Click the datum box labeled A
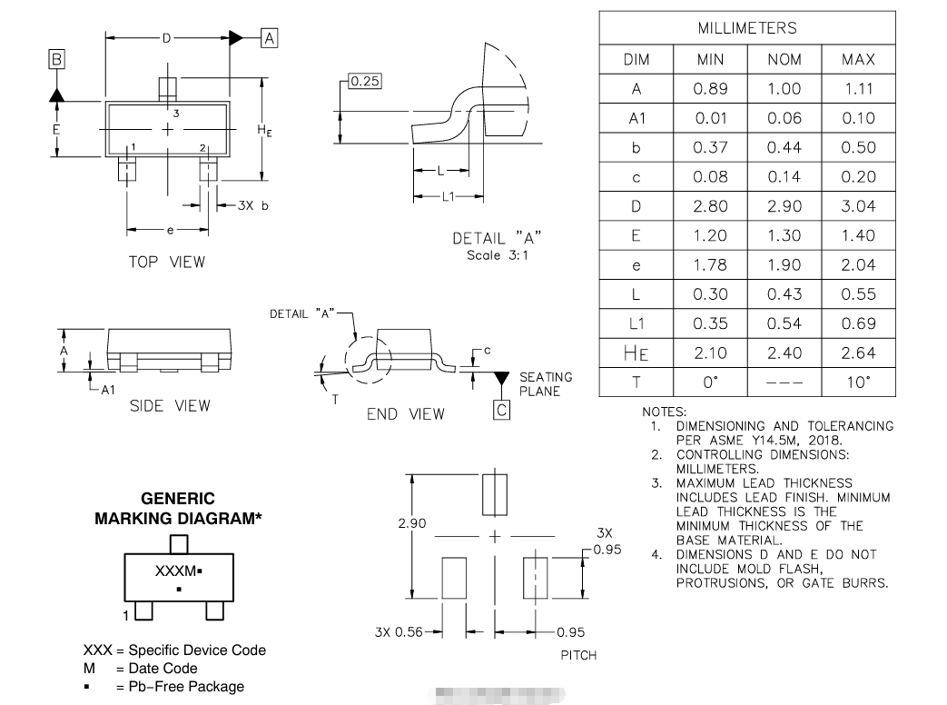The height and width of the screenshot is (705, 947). pos(269,38)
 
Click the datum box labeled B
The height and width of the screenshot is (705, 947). pos(56,60)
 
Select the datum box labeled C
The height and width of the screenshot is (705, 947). pos(501,410)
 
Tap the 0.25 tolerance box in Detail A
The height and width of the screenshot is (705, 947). pos(364,81)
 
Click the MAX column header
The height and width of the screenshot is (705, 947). pos(858,59)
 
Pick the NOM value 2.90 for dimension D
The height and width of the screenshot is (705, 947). pos(784,206)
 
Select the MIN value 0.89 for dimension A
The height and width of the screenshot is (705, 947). pos(710,89)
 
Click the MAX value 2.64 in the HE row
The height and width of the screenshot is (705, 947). pos(858,352)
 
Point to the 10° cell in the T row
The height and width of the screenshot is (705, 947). pos(858,382)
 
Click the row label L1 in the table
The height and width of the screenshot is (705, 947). pos(636,323)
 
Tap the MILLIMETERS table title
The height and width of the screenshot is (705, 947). pos(746,28)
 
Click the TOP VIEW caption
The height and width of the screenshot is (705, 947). pos(166,262)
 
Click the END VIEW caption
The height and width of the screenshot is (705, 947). pos(406,414)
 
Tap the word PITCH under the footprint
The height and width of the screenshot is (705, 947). pos(578,655)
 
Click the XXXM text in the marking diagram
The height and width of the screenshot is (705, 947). pos(176,571)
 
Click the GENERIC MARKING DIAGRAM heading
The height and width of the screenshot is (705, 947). pos(179,509)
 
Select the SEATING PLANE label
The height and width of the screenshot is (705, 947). pos(546,384)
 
